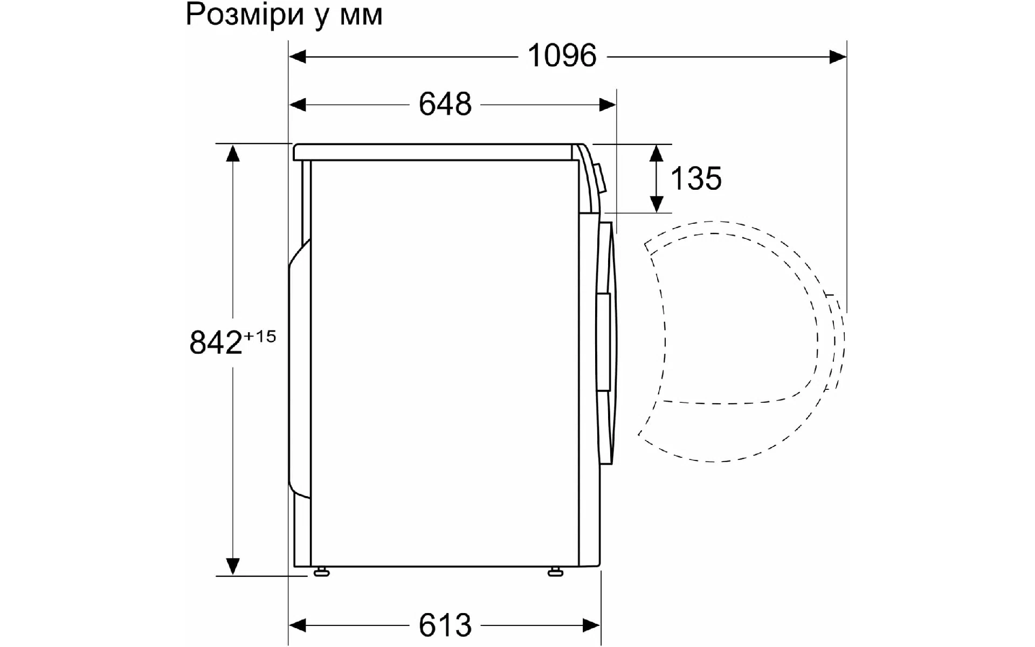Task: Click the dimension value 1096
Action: point(562,56)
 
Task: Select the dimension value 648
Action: point(445,104)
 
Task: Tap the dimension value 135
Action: point(696,178)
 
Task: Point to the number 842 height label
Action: point(216,342)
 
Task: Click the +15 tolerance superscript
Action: point(260,336)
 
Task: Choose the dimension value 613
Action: point(445,625)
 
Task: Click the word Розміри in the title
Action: point(245,15)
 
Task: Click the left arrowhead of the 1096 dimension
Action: point(298,56)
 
